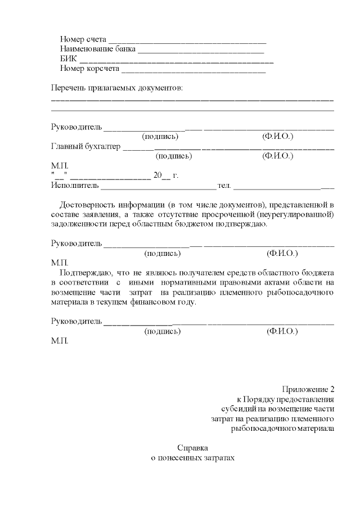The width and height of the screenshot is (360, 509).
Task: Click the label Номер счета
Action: tap(83, 40)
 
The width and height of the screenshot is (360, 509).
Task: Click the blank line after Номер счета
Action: tap(186, 41)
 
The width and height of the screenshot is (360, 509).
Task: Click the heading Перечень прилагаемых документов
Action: tap(117, 88)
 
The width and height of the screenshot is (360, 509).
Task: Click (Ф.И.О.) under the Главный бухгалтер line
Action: tap(278, 156)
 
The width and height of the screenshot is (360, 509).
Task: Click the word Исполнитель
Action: tap(75, 185)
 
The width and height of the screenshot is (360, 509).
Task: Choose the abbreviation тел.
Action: tap(224, 185)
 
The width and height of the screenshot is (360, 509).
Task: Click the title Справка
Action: tap(192, 448)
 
